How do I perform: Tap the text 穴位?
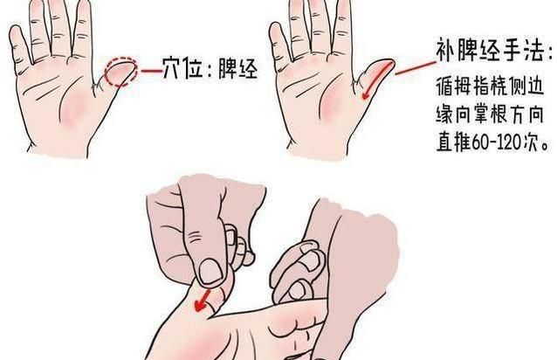pos(183,67)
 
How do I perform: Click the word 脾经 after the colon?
pos(237,67)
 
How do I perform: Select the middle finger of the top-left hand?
pos(58,19)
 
